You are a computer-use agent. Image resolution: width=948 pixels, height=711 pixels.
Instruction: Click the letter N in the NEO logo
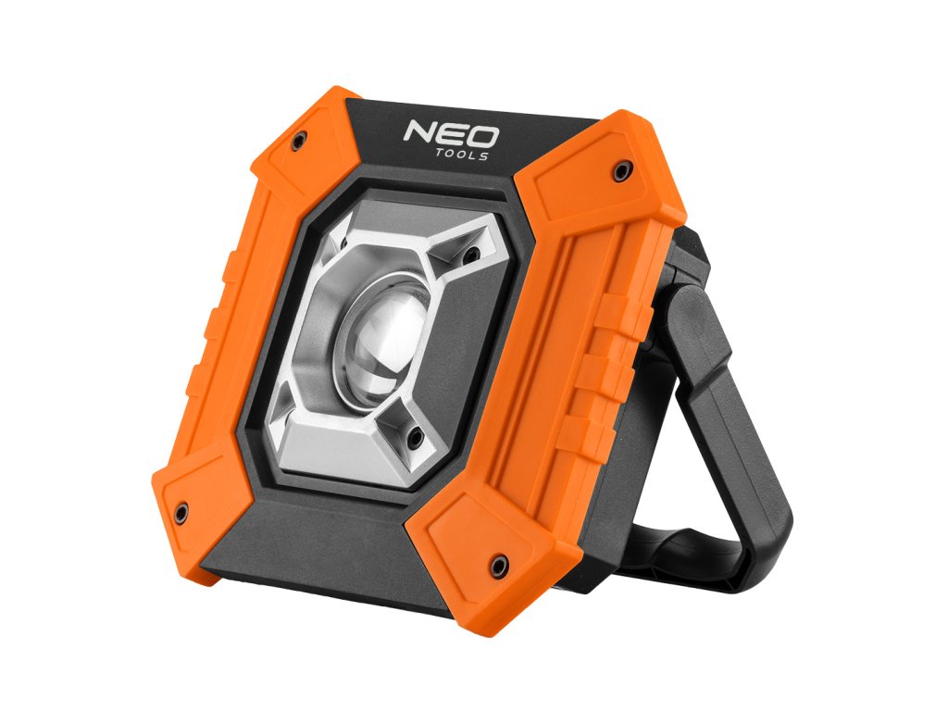[x=420, y=131]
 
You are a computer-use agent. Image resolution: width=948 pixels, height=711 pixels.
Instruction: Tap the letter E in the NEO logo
[x=451, y=134]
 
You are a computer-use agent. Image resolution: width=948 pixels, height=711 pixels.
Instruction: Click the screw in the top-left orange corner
[x=298, y=141]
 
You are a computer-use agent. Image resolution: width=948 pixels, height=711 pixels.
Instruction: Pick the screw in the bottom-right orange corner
[x=500, y=563]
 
